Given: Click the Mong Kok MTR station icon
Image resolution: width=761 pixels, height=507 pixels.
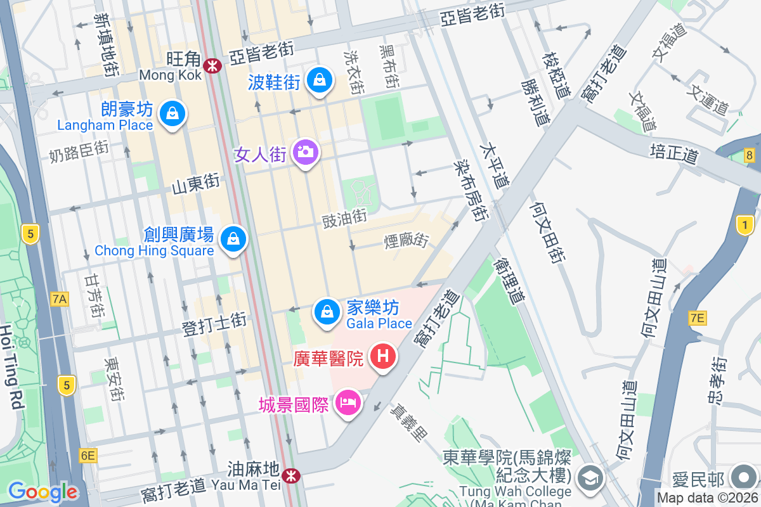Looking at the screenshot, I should (212, 65).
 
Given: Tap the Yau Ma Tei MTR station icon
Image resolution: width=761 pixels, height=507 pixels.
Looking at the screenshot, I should (291, 475).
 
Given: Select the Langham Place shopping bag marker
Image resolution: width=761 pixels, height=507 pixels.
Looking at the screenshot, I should (172, 114).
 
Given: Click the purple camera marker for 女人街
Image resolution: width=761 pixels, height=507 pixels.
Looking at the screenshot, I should (306, 152).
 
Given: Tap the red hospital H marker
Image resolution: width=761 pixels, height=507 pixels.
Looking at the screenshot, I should (383, 356).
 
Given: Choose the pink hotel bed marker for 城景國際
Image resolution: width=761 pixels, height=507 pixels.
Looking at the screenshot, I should (347, 401).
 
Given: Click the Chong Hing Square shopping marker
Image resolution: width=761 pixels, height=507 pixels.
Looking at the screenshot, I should (233, 239).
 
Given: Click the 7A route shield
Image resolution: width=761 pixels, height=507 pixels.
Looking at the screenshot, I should (60, 298).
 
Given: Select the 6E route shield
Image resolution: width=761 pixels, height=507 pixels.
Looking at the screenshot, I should (88, 455).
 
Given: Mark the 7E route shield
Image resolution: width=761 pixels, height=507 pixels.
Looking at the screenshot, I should (697, 318).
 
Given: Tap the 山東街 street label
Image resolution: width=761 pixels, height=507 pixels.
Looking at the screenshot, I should (196, 184).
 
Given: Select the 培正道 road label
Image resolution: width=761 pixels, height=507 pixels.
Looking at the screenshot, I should (673, 153).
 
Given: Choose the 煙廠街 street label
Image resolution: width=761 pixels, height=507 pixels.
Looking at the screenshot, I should (407, 241).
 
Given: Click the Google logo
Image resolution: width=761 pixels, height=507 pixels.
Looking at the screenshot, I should (42, 492).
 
